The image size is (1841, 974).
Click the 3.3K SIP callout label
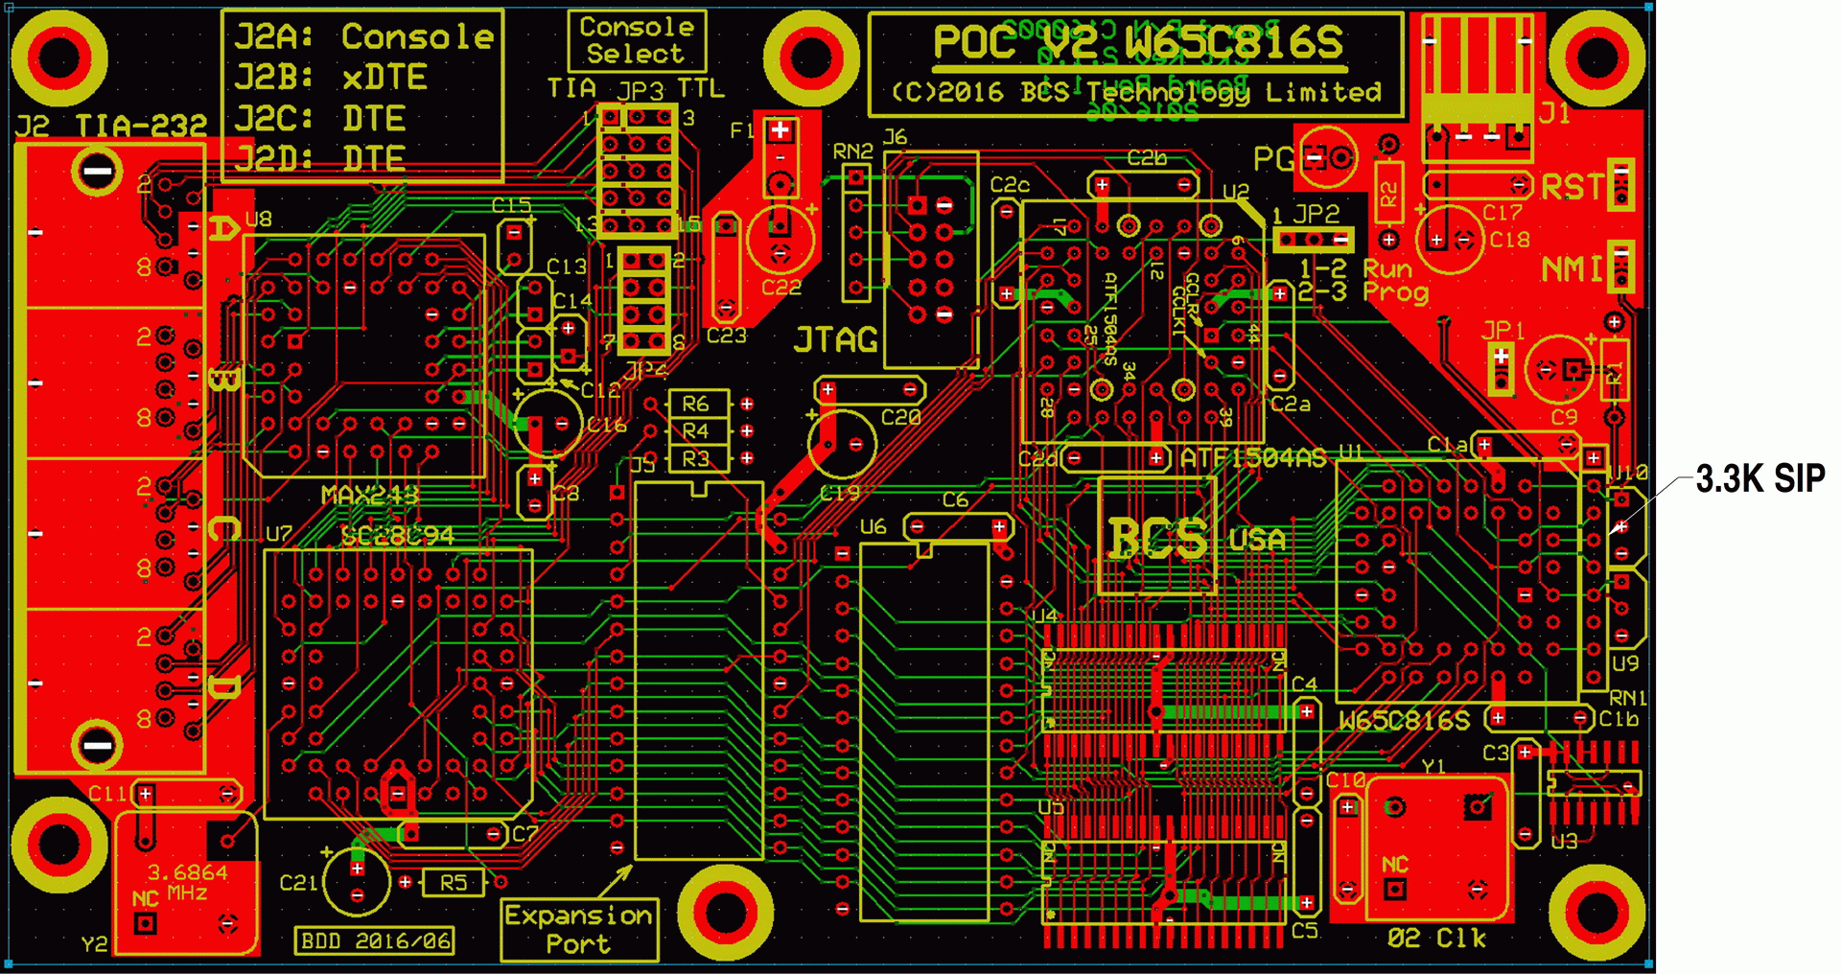click(1759, 478)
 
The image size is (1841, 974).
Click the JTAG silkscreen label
click(835, 340)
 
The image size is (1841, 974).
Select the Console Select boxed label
click(637, 41)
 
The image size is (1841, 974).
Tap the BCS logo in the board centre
click(1157, 538)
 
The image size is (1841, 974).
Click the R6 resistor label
click(695, 405)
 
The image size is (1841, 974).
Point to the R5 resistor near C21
click(453, 882)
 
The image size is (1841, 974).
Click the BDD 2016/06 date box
click(375, 940)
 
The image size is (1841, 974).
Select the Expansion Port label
click(579, 929)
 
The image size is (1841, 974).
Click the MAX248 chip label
click(370, 496)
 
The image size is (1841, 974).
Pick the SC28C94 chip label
click(397, 535)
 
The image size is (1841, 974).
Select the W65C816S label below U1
click(1404, 721)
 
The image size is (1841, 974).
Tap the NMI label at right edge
click(1571, 269)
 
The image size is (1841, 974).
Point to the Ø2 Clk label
click(1436, 938)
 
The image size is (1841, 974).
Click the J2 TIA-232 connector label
click(111, 126)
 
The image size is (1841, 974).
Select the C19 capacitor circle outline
click(841, 444)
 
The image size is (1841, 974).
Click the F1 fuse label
click(741, 130)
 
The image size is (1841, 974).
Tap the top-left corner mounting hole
click(59, 58)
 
